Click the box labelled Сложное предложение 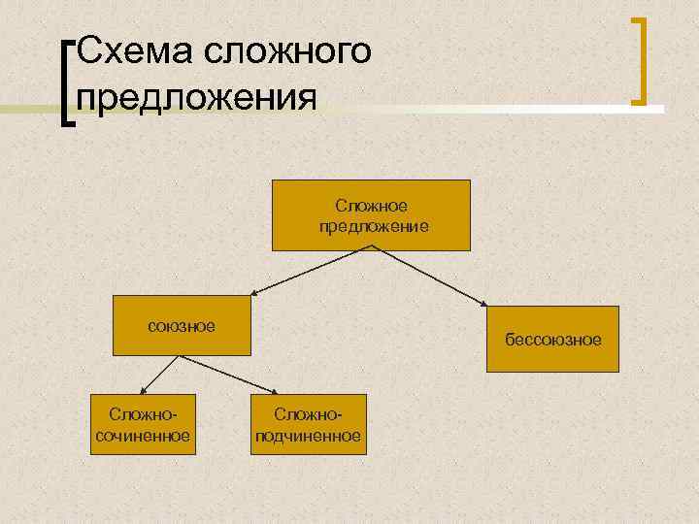[373, 215]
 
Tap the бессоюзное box [552, 339]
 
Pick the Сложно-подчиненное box [308, 424]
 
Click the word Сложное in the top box [372, 206]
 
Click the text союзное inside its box [182, 325]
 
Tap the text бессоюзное [552, 340]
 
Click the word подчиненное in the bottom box [308, 436]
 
